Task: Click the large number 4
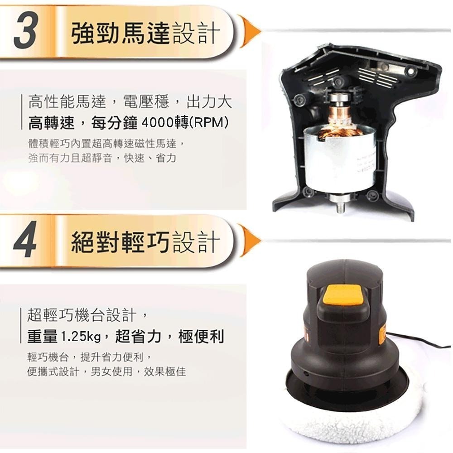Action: tap(26, 243)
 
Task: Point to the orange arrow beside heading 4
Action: tap(249, 241)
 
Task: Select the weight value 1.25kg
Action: tap(81, 336)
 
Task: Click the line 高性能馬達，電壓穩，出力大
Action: tap(130, 101)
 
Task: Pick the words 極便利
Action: tap(201, 336)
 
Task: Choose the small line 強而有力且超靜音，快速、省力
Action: tap(102, 159)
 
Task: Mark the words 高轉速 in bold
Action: tap(54, 123)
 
